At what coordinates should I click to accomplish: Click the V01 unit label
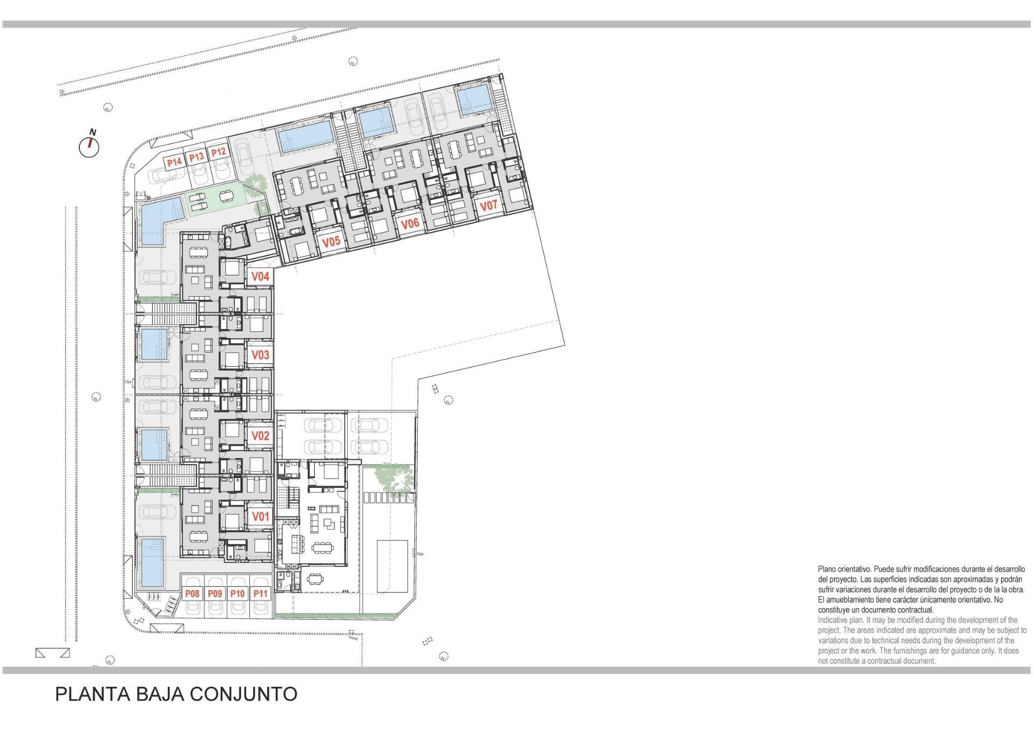[261, 517]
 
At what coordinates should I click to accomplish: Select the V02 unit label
[261, 436]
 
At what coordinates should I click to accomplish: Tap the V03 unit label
[261, 355]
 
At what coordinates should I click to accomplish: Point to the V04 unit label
[261, 276]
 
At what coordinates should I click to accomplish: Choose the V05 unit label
[331, 241]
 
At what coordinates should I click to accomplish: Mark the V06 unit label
[410, 223]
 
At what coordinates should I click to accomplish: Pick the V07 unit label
[488, 205]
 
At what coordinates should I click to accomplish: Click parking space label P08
[192, 593]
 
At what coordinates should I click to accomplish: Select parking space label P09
[215, 593]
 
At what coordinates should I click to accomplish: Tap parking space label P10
[237, 593]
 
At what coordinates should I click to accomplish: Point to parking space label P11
[261, 593]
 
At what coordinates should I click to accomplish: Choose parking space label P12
[218, 152]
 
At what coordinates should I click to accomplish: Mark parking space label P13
[196, 157]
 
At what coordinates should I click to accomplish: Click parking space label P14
[173, 162]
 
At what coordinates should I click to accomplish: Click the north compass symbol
[89, 145]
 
